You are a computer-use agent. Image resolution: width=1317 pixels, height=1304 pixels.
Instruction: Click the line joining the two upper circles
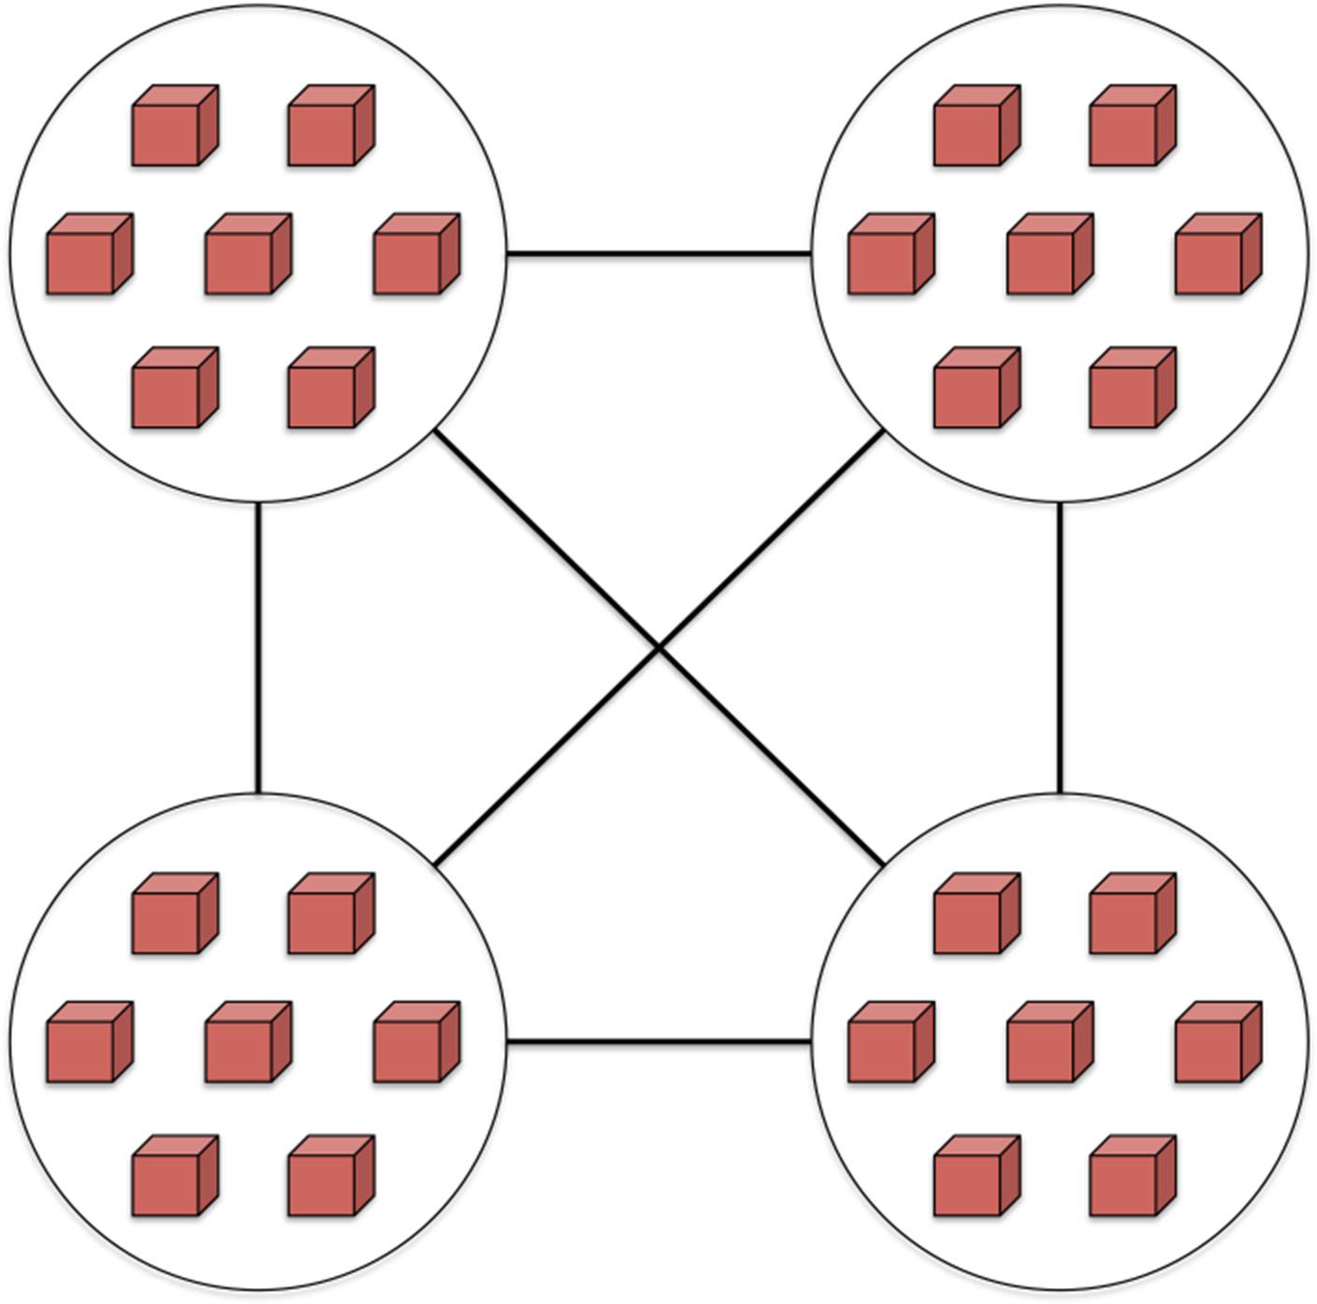click(x=658, y=253)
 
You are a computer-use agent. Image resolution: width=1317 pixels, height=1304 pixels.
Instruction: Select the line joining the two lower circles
click(x=658, y=1041)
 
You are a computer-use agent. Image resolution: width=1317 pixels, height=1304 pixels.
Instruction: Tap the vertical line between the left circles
click(x=258, y=647)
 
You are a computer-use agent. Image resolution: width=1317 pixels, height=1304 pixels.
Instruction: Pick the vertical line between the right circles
click(x=1060, y=647)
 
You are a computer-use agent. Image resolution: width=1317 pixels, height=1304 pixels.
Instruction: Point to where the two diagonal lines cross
click(x=659, y=646)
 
